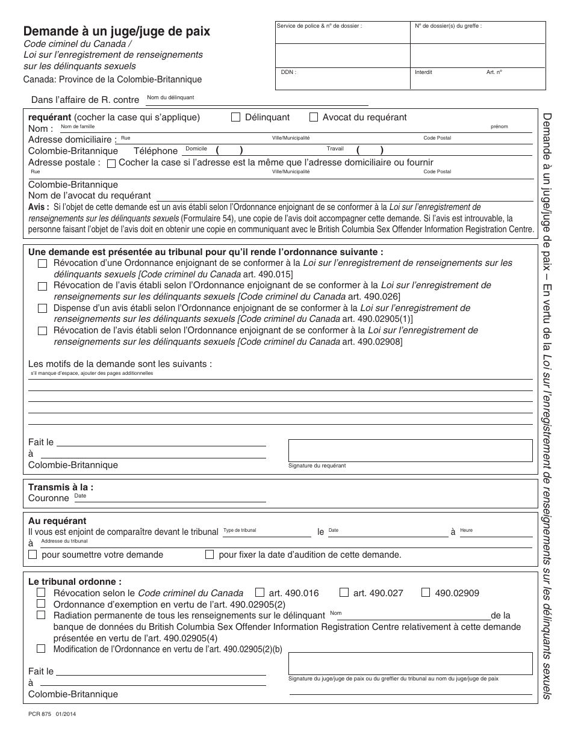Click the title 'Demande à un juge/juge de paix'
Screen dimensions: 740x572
(x=117, y=32)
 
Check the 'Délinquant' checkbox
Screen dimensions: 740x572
(x=236, y=117)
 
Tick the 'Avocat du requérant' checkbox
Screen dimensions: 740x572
(x=314, y=117)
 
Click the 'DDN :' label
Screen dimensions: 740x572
(x=288, y=72)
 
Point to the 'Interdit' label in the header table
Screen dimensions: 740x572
(x=423, y=72)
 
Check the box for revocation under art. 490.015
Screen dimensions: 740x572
(x=42, y=264)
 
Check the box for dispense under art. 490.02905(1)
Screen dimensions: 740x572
(x=42, y=308)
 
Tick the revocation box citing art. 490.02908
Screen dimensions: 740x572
(x=42, y=330)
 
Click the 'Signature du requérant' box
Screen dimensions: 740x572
(x=410, y=450)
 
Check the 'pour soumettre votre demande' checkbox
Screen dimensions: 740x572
(x=33, y=555)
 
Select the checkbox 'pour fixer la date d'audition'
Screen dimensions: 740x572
(x=210, y=555)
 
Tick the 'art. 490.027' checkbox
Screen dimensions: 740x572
(x=344, y=593)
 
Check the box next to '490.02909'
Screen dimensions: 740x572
(x=426, y=593)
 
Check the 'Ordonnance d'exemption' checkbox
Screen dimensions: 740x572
(x=41, y=603)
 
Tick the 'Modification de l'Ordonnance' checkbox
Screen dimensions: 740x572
(x=41, y=649)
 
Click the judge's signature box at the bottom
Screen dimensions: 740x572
(x=410, y=663)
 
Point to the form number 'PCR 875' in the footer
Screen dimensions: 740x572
(x=40, y=714)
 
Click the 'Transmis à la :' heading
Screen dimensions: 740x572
(x=61, y=487)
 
